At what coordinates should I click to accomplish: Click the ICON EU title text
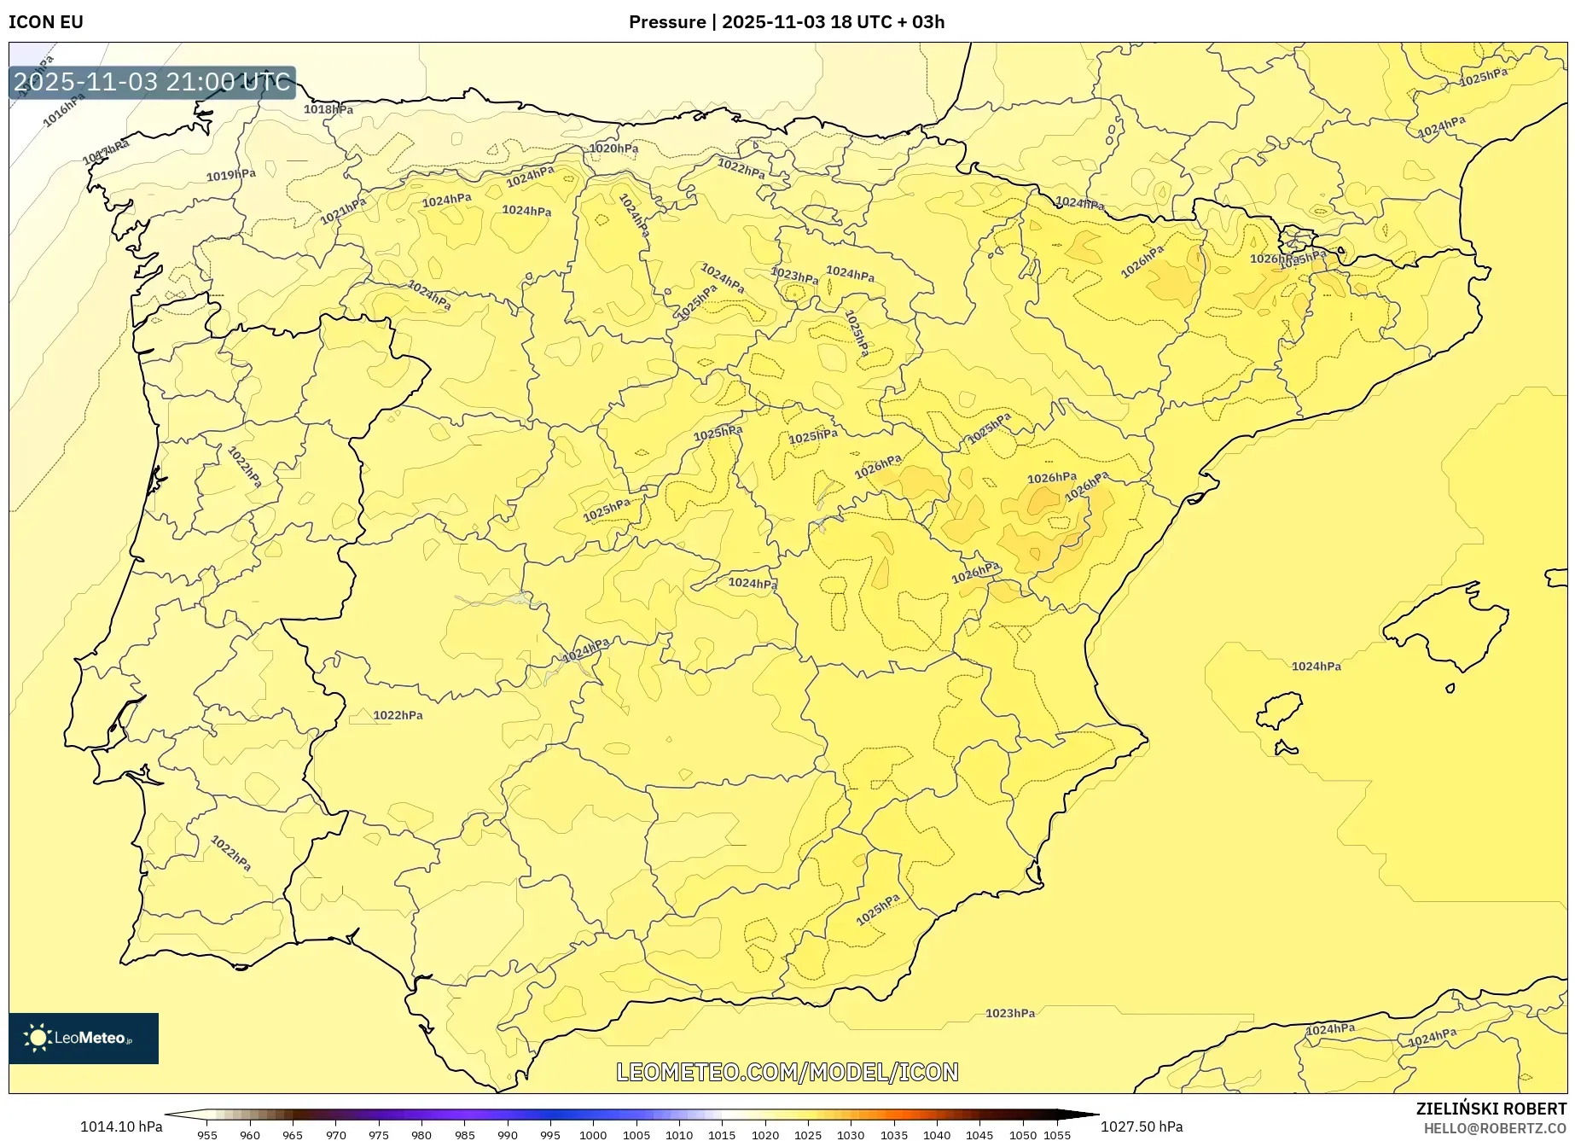tap(46, 22)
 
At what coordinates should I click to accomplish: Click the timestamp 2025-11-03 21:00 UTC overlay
tap(153, 82)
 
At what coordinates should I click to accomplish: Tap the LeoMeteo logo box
tap(84, 1038)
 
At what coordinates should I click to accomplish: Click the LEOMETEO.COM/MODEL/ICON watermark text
tap(787, 1072)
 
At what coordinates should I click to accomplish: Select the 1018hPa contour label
tap(328, 109)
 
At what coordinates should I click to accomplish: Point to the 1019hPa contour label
tap(231, 175)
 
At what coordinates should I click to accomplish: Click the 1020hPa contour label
tap(613, 148)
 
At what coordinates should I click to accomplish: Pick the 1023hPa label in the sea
tap(1010, 1013)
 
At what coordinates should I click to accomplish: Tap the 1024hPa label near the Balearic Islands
tap(1316, 667)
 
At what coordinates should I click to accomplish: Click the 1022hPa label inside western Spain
tap(398, 715)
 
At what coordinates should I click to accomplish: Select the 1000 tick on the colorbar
tap(593, 1134)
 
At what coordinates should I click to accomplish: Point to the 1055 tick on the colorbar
tap(1057, 1134)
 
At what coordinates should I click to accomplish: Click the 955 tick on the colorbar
tap(207, 1134)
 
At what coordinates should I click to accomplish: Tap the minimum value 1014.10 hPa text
tap(121, 1126)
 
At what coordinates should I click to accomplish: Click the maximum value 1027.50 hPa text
tap(1142, 1126)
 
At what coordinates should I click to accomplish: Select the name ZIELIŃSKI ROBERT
tap(1491, 1109)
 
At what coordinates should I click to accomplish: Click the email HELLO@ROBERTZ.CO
tap(1494, 1128)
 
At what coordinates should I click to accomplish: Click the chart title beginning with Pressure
tap(786, 22)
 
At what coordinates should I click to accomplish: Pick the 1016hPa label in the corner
tap(65, 110)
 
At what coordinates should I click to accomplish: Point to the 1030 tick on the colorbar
tap(851, 1134)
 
